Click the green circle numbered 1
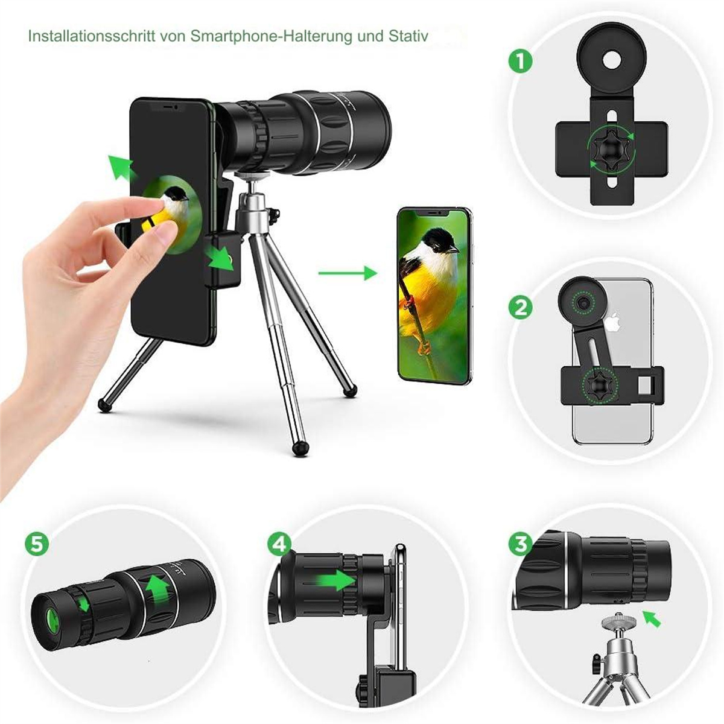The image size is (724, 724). [520, 62]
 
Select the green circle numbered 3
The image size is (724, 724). [520, 544]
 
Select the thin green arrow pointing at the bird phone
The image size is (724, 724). [348, 273]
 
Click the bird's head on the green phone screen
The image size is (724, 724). [440, 241]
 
